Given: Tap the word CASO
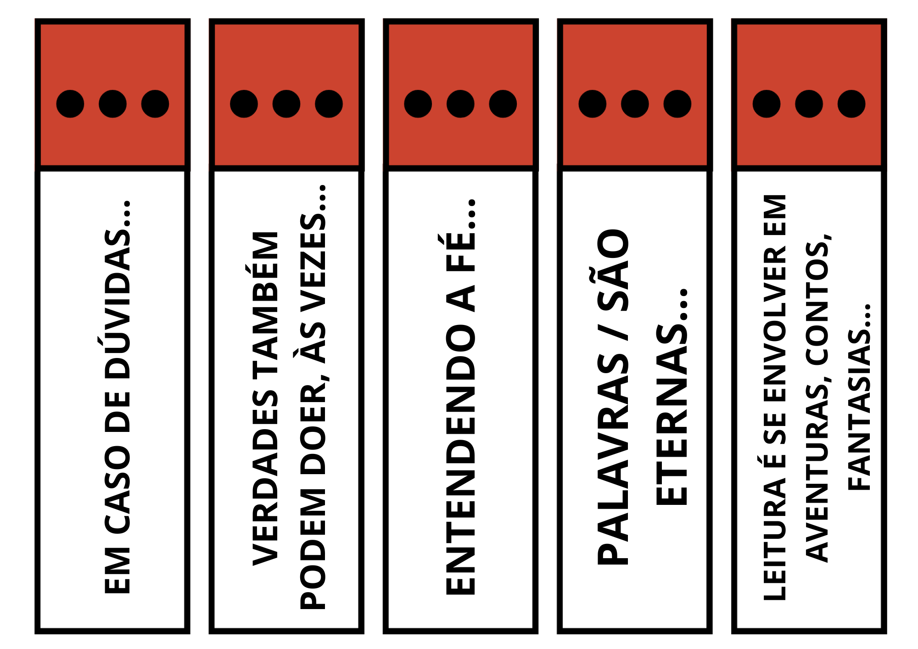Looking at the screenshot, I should [118, 489].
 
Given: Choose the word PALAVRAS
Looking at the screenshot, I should [613, 459].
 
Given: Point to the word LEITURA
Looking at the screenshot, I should [775, 540].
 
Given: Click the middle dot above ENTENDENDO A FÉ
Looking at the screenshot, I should [460, 104].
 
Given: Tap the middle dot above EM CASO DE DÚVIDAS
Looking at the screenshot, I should [112, 104].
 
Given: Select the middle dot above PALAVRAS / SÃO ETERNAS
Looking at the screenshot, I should [635, 104].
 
